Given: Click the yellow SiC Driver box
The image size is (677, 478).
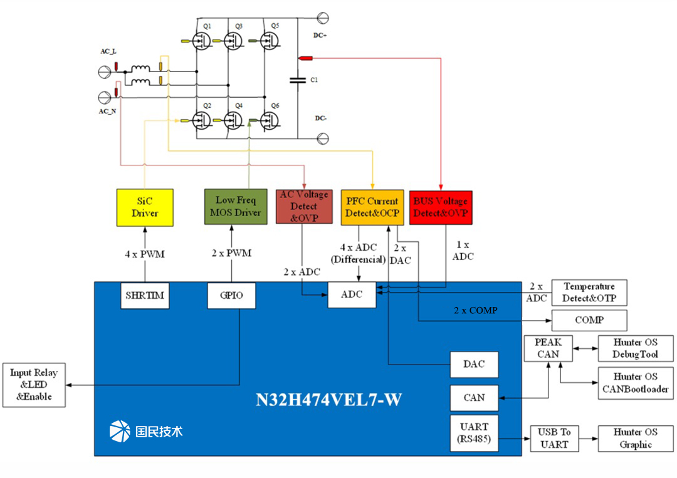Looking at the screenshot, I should [145, 207].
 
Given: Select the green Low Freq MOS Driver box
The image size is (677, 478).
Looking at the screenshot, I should [233, 206].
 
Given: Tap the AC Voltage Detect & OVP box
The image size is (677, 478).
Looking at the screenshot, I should [303, 206].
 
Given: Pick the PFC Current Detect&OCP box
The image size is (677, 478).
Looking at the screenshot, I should [372, 207].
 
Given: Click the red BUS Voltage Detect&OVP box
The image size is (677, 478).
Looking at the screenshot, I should [440, 207].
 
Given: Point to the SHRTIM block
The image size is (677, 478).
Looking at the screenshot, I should [145, 295].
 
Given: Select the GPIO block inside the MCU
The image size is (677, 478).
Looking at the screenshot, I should [231, 295].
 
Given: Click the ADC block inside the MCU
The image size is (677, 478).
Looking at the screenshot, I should [352, 294].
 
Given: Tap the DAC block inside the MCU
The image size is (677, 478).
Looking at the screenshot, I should [474, 365].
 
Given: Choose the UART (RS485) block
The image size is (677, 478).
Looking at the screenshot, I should [474, 433].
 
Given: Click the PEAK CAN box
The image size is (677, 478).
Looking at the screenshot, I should [548, 348].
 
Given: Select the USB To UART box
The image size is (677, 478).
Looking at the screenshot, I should [555, 439].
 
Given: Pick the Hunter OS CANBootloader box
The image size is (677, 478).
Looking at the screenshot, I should [636, 383].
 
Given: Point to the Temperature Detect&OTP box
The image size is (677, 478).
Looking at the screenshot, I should [589, 293].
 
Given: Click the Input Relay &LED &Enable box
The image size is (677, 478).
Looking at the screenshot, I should [34, 385].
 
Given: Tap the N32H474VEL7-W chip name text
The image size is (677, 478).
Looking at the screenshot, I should [328, 400].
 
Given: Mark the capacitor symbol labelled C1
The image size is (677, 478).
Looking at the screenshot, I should [297, 80].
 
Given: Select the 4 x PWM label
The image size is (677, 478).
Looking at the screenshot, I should [145, 253].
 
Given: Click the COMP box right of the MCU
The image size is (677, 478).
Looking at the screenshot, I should [589, 320].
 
